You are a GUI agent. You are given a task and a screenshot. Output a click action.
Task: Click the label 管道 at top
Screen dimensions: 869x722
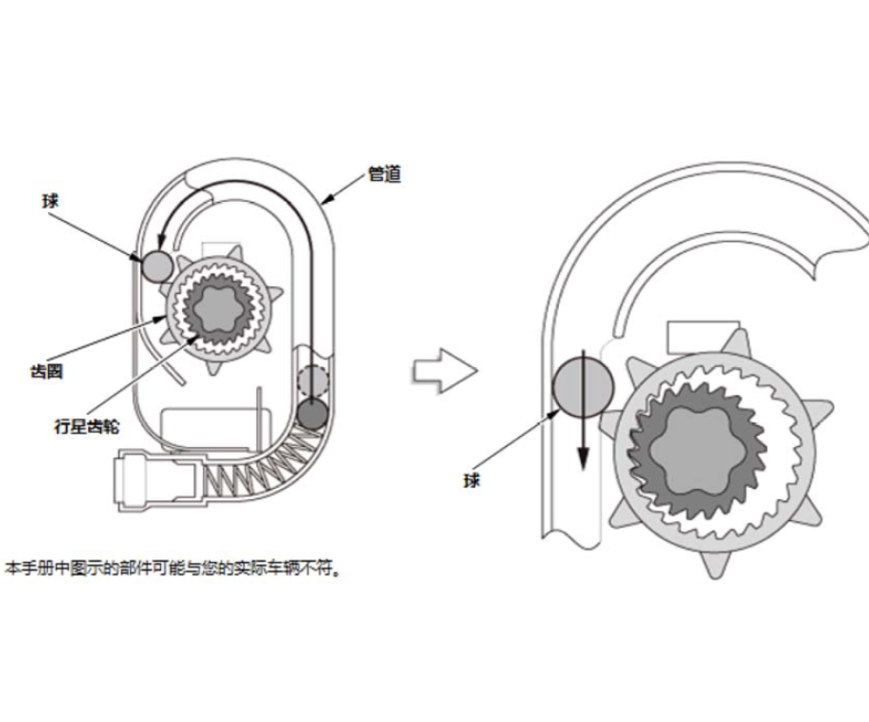pyautogui.click(x=385, y=174)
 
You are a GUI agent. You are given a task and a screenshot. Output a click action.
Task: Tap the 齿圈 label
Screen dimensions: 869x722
pyautogui.click(x=46, y=371)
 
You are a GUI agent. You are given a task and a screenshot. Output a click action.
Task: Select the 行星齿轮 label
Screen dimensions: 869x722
pyautogui.click(x=87, y=426)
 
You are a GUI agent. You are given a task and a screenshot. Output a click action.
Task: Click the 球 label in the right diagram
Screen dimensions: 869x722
pyautogui.click(x=471, y=480)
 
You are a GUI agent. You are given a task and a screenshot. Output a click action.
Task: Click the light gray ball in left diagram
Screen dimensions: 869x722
pyautogui.click(x=158, y=266)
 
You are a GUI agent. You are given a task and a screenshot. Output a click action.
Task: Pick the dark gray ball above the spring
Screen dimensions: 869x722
pyautogui.click(x=313, y=414)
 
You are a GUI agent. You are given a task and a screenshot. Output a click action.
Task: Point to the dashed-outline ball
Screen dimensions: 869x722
pyautogui.click(x=313, y=381)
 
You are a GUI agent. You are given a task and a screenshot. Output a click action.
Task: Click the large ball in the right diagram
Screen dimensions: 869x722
pyautogui.click(x=583, y=386)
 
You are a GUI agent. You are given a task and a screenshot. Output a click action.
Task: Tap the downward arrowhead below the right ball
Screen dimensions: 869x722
pyautogui.click(x=583, y=458)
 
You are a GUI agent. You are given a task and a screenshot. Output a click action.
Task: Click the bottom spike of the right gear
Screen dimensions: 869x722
pyautogui.click(x=715, y=564)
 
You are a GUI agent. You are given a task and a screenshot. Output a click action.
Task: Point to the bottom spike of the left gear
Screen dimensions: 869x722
pyautogui.click(x=212, y=366)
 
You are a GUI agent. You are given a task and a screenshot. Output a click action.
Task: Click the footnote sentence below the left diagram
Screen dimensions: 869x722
pyautogui.click(x=172, y=568)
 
